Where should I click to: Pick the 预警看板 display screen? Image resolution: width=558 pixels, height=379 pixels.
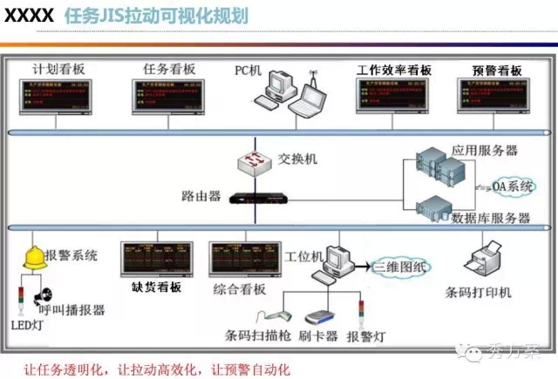click(493, 97)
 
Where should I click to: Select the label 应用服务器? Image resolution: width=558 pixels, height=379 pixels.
click(485, 150)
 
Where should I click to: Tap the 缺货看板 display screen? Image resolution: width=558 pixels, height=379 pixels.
click(157, 260)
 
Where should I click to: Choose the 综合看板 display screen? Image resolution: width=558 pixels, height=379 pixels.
click(243, 260)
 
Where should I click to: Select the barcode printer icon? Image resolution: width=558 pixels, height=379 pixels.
click(485, 261)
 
